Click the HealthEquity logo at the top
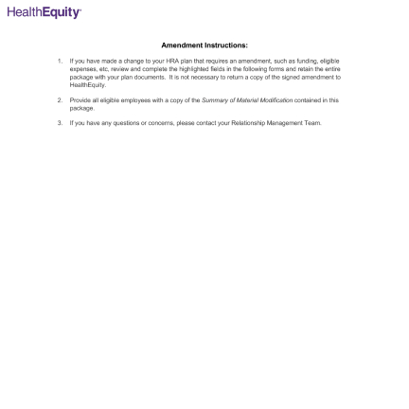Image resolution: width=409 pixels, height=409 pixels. [44, 12]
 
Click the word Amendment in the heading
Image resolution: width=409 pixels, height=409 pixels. [180, 44]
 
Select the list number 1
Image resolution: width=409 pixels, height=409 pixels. [60, 61]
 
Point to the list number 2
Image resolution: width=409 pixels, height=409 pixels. [60, 98]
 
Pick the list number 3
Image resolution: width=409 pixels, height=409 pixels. [60, 122]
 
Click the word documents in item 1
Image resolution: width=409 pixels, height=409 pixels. [138, 72]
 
